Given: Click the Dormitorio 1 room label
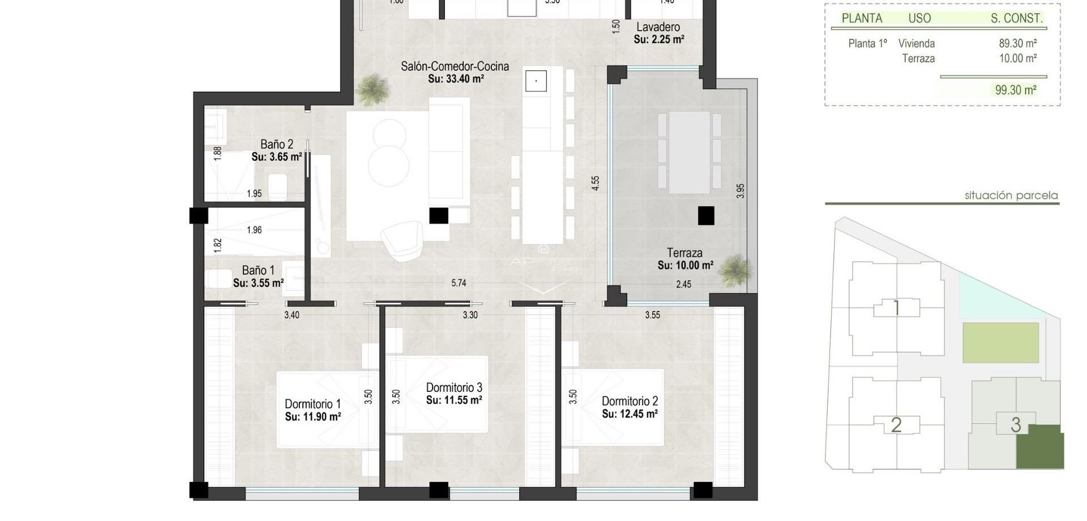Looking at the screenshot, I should point(313,404).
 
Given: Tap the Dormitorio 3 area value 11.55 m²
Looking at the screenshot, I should point(454,400).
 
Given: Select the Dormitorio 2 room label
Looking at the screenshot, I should point(630,401).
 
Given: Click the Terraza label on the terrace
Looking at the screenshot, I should point(684,253).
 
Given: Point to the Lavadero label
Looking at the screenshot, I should point(658,27).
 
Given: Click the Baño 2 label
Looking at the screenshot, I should point(276,144).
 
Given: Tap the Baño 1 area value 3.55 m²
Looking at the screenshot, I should point(258,283).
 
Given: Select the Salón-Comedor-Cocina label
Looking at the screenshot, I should point(455,66).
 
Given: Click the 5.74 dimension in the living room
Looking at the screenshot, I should point(459,283).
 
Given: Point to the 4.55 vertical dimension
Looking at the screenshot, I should point(595,183).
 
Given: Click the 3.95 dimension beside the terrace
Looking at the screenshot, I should point(741,191).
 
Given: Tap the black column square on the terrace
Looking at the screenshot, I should point(705,216).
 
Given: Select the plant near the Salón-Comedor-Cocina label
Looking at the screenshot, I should point(373,89).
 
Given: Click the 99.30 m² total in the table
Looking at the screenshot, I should point(1016,90).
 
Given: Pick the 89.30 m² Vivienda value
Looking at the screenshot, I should point(1017,44).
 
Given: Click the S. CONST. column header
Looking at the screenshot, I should point(1016,18).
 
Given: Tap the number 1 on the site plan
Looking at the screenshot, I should point(896,309).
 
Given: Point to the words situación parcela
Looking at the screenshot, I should point(1011,195).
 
